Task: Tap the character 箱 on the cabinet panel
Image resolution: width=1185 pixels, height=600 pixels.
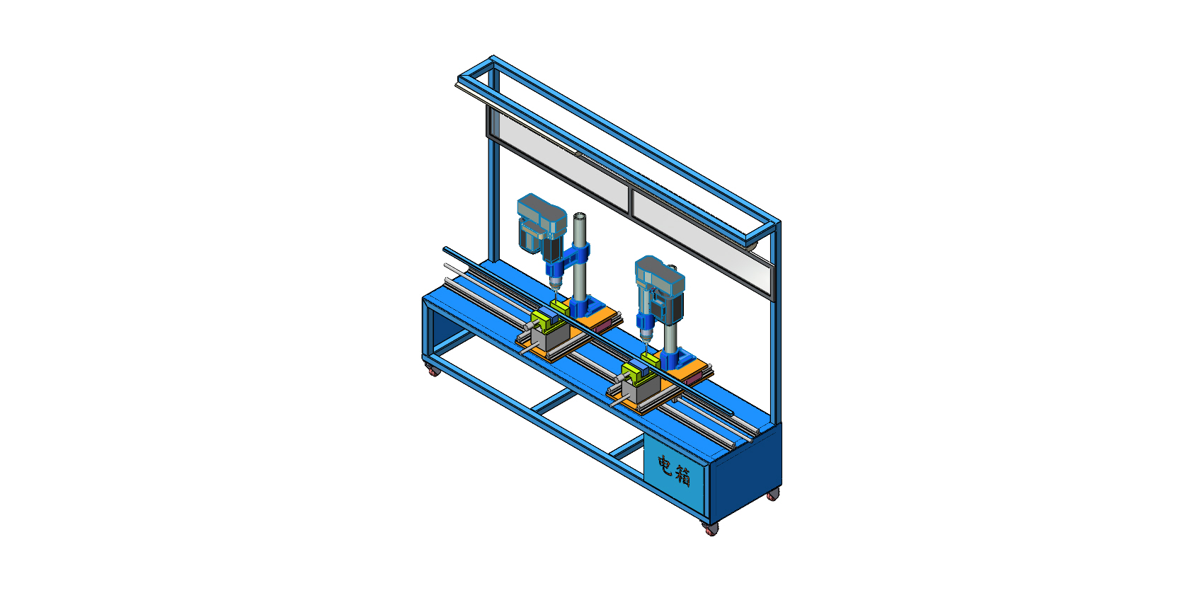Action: pyautogui.click(x=682, y=475)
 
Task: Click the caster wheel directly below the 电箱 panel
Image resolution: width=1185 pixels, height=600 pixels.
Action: pyautogui.click(x=711, y=529)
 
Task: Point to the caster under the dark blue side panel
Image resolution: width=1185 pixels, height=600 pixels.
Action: pyautogui.click(x=773, y=495)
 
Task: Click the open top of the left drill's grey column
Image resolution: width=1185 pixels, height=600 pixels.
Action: pyautogui.click(x=580, y=217)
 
